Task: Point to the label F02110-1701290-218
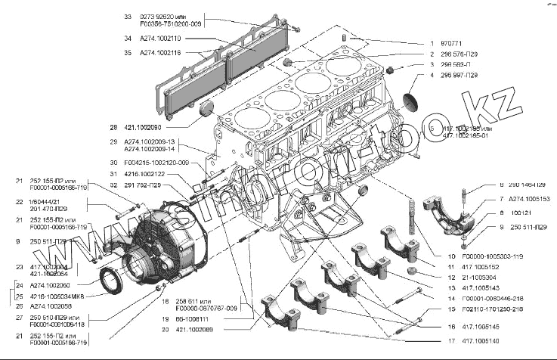pyautogui.click(x=497, y=309)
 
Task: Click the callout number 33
pyautogui.click(x=127, y=16)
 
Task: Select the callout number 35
pyautogui.click(x=127, y=53)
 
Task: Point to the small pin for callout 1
pyautogui.click(x=344, y=36)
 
